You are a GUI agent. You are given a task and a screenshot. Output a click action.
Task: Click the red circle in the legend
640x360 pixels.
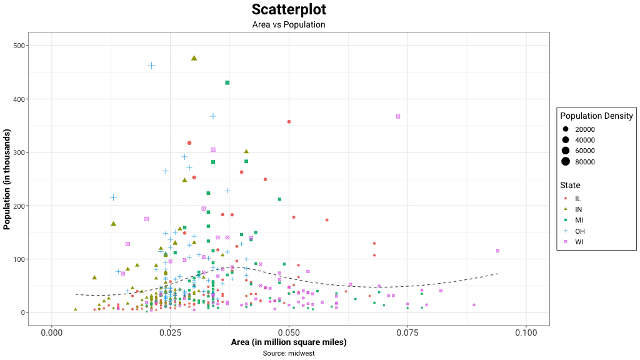point(566,197)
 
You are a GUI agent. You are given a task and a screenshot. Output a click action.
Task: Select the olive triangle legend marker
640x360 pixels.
point(566,209)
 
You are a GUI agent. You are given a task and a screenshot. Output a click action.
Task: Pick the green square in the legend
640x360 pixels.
point(566,220)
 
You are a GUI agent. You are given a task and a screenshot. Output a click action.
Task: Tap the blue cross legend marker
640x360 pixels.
point(566,231)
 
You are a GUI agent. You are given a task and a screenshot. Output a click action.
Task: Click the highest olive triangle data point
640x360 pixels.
point(194,59)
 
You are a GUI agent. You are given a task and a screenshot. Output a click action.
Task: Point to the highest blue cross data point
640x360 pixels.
point(151,66)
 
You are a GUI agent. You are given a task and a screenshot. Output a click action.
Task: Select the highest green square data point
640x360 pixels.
point(227,82)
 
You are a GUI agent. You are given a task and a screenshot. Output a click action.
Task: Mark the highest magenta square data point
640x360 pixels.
point(398,116)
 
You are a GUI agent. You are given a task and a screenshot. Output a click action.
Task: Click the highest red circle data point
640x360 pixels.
point(289,122)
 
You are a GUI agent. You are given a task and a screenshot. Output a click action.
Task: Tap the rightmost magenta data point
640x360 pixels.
point(497,250)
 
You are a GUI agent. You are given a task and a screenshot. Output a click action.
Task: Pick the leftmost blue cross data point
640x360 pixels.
point(114,197)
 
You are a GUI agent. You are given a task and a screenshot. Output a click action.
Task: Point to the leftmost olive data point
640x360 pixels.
point(76,309)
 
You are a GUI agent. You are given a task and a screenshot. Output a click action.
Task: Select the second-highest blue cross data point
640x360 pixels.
point(214,116)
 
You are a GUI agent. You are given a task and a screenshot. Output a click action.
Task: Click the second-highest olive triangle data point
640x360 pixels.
point(247,151)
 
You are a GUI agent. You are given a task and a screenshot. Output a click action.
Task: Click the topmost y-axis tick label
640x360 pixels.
point(18,46)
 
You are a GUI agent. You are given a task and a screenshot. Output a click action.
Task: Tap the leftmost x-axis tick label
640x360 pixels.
point(52,334)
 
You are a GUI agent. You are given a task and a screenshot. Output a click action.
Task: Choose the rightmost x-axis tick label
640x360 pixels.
point(527,334)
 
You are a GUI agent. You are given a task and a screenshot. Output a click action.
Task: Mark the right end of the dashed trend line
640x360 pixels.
point(499,272)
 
